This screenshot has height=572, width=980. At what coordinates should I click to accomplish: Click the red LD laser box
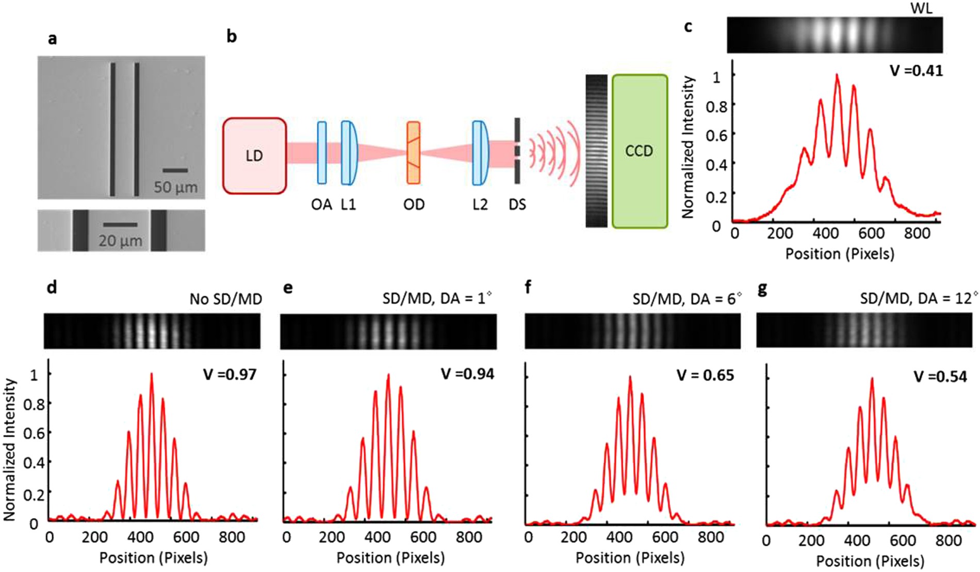click(254, 155)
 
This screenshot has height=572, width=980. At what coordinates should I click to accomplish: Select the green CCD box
click(640, 151)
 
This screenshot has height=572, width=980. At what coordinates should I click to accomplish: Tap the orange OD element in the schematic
click(413, 153)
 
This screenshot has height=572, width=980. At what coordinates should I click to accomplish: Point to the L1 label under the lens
click(348, 205)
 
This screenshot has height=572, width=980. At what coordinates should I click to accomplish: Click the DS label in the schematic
click(517, 205)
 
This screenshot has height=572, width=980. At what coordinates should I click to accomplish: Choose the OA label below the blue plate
click(321, 205)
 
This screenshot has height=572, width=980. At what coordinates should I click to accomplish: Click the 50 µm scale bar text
click(175, 187)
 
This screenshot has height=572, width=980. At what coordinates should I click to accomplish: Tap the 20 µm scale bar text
click(120, 241)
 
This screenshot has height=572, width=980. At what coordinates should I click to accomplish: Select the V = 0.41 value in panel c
click(916, 70)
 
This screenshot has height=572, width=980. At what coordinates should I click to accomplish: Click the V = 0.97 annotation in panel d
click(230, 374)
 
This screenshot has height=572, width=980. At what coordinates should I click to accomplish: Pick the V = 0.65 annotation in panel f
click(705, 375)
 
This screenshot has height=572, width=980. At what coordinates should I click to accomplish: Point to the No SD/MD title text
click(225, 299)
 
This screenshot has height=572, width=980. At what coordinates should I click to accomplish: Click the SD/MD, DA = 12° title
click(919, 299)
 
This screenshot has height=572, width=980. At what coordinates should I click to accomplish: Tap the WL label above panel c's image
click(921, 8)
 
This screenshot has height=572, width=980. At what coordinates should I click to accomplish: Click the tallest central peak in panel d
click(151, 375)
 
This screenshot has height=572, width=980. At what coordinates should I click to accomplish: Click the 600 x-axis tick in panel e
click(423, 537)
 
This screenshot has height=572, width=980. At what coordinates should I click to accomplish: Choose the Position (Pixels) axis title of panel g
click(870, 561)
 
